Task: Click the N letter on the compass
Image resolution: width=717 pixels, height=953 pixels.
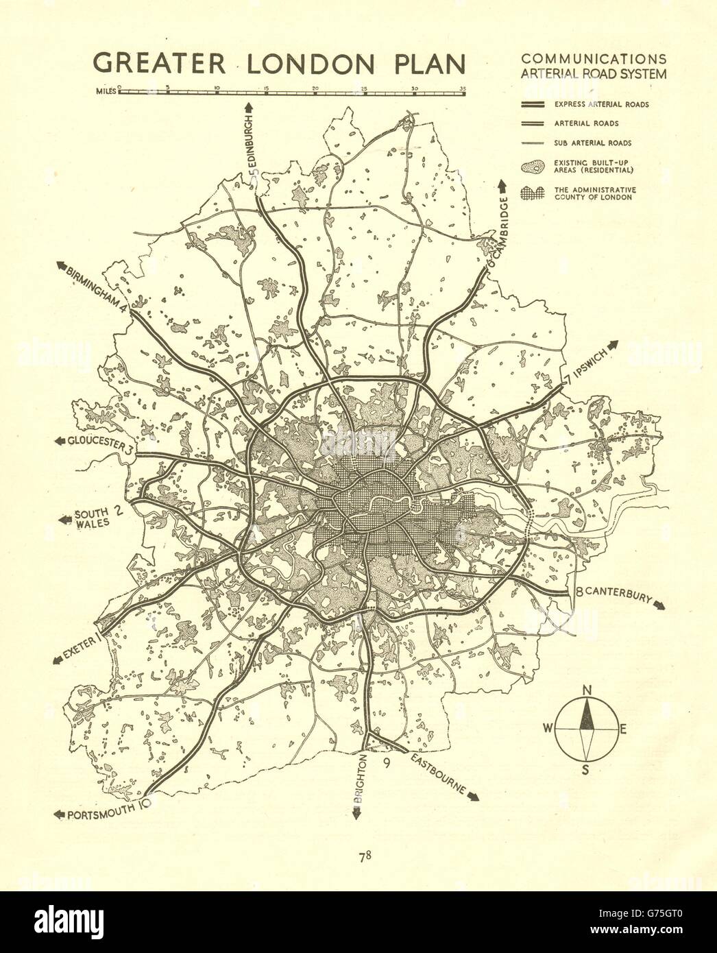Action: coord(587,690)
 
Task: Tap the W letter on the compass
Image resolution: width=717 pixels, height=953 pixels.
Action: coord(547,729)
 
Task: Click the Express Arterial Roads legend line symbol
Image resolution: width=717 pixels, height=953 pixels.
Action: coord(532,104)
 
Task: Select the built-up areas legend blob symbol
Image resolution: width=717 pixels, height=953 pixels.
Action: coord(532,167)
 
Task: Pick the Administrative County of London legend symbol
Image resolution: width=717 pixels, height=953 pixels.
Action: coord(532,193)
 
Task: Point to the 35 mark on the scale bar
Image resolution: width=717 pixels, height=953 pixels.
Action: coord(463,88)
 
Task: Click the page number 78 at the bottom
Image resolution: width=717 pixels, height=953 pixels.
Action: coord(364,856)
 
